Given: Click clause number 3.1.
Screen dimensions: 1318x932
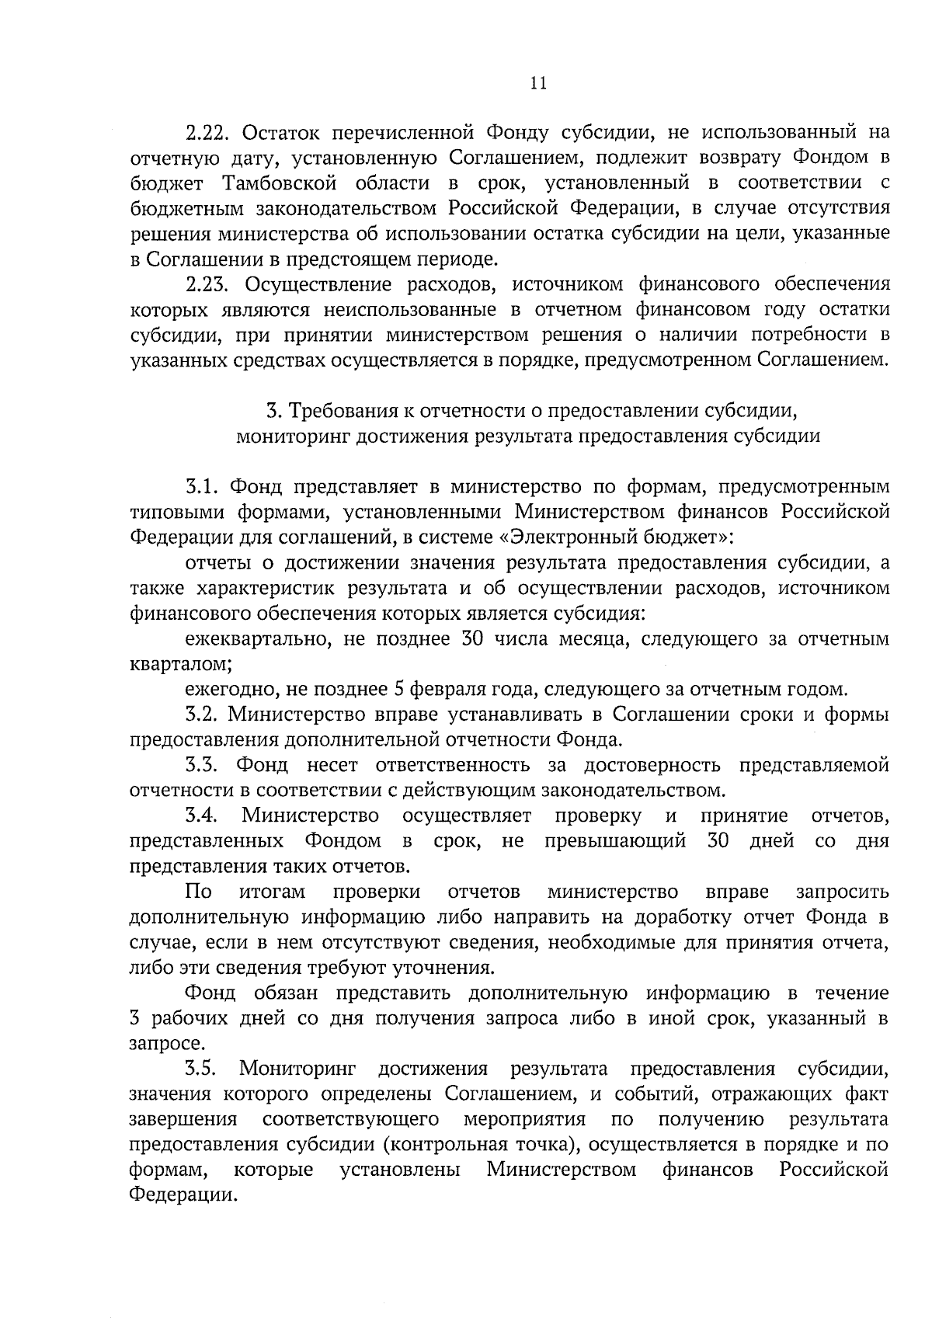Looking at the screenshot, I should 203,487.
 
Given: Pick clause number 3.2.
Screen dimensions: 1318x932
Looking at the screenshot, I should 203,715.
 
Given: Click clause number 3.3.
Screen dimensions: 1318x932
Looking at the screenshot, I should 203,765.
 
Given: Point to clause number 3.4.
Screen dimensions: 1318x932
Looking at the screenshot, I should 204,815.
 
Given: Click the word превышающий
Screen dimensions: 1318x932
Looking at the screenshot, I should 615,841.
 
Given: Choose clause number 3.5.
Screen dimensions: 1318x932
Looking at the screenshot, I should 203,1069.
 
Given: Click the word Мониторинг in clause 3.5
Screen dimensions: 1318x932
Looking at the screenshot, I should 297,1069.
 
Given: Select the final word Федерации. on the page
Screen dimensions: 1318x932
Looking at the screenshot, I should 183,1195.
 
